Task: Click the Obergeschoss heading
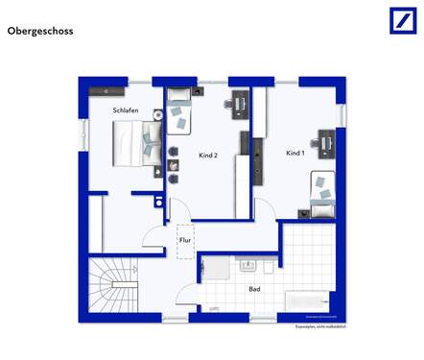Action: coord(39,31)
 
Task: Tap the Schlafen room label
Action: coord(125,110)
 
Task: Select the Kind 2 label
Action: coord(208,155)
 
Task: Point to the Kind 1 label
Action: coord(295,154)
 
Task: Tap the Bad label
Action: coord(254,288)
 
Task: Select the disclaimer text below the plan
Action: coord(318,327)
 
